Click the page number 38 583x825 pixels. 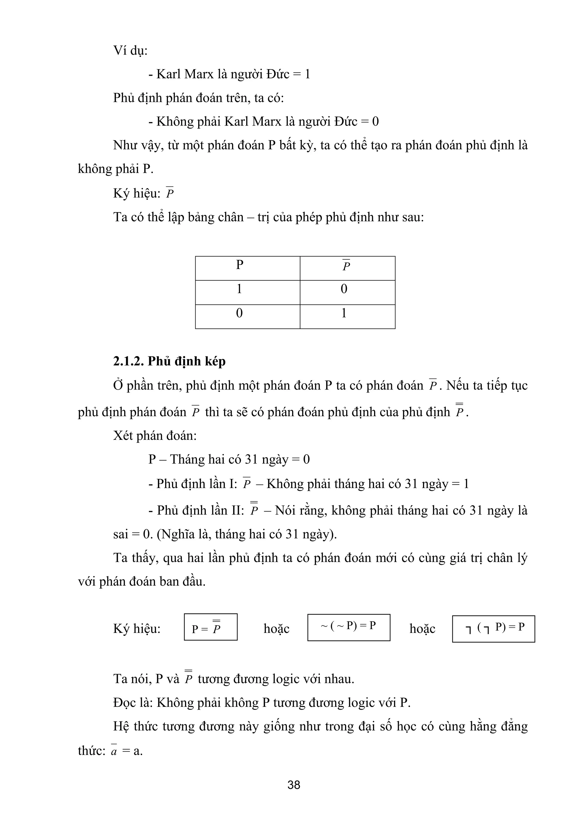293,784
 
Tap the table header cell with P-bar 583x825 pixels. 346,266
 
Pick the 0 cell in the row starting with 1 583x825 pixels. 344,289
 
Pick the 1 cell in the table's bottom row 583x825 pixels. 344,313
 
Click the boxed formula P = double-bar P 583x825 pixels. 210,628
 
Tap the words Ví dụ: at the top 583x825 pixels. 130,50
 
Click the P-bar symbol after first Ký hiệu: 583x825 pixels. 170,193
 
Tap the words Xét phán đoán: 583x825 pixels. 155,436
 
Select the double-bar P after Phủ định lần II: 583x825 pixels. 254,509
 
